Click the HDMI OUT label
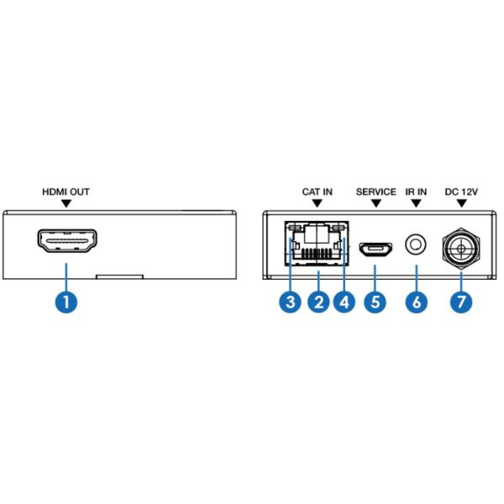coord(66,192)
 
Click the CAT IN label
coord(318,192)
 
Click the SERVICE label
coord(375,192)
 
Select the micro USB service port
coord(375,248)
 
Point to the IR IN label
coord(416,192)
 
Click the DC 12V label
coord(460,192)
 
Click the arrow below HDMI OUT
coord(66,204)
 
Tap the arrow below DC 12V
coord(460,204)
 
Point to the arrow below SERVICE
coord(375,204)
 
